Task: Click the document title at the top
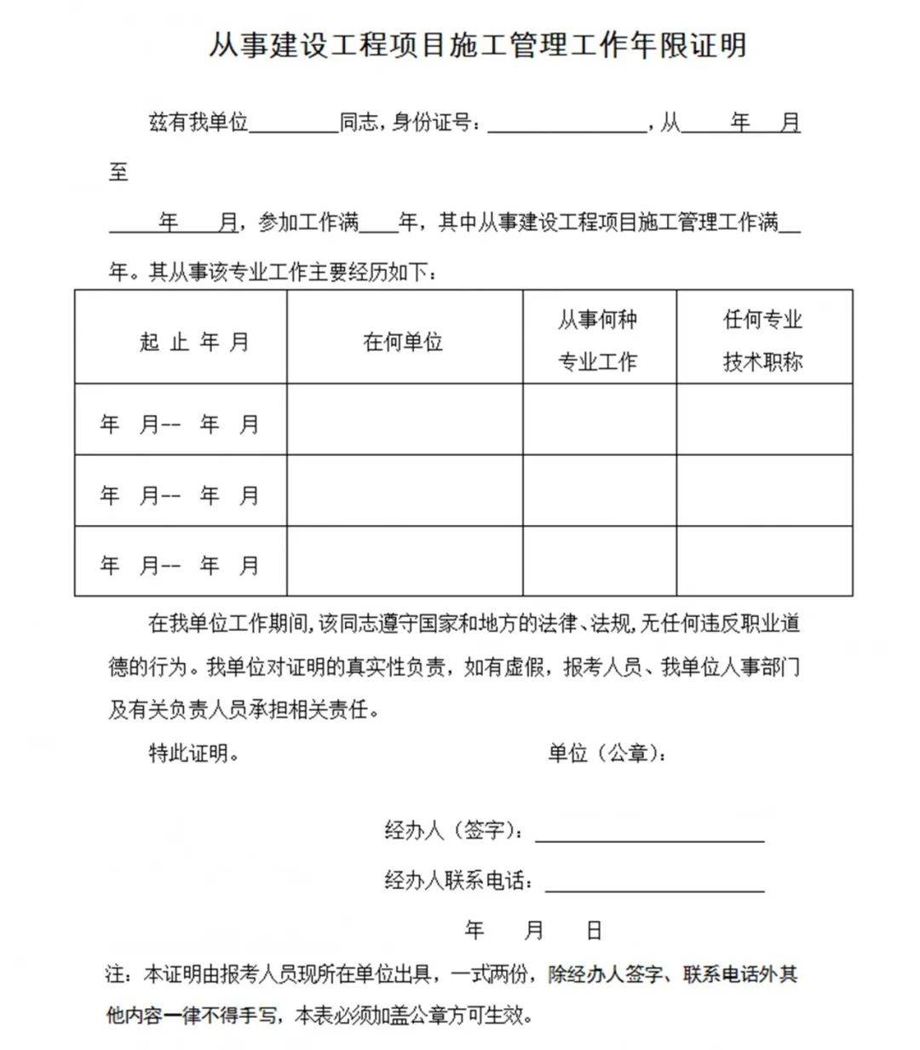pyautogui.click(x=478, y=45)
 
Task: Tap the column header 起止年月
pyautogui.click(x=194, y=343)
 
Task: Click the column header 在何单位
pyautogui.click(x=403, y=343)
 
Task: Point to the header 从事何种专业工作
pyautogui.click(x=597, y=341)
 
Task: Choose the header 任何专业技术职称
pyautogui.click(x=763, y=341)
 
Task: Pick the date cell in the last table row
pyautogui.click(x=180, y=564)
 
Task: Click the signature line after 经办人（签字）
pyautogui.click(x=649, y=834)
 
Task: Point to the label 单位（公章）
pyautogui.click(x=607, y=753)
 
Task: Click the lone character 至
pyautogui.click(x=118, y=172)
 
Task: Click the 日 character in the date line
pyautogui.click(x=594, y=930)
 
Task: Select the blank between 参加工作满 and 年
pyautogui.click(x=380, y=224)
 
